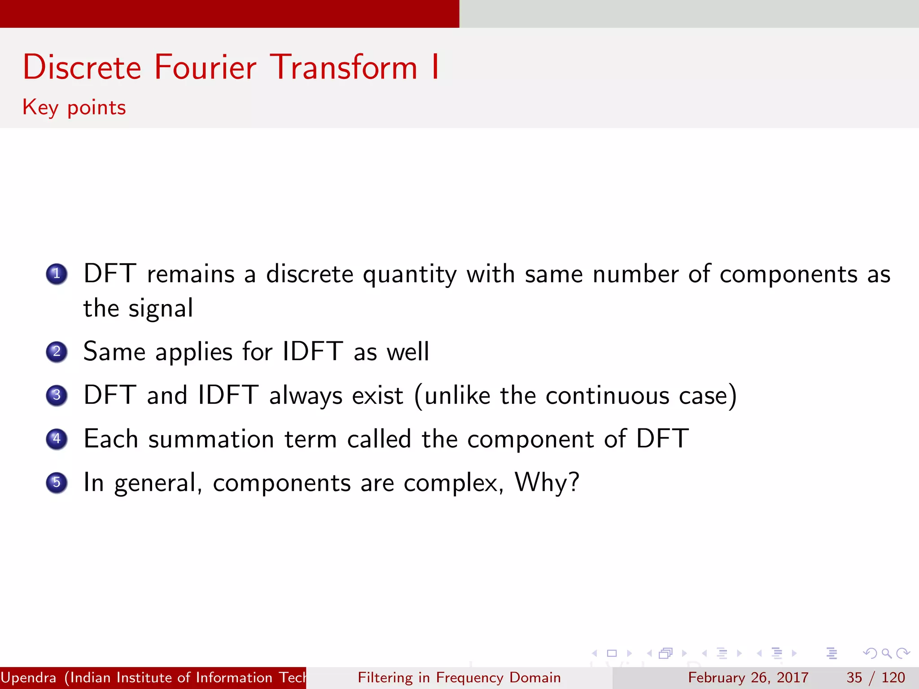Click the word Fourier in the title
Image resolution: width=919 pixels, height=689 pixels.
(x=205, y=67)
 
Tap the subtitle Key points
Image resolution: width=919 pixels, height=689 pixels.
(x=74, y=108)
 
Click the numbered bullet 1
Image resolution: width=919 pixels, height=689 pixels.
(x=57, y=274)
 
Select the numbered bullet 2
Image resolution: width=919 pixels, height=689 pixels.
(x=57, y=352)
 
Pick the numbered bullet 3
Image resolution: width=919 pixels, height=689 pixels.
(x=57, y=395)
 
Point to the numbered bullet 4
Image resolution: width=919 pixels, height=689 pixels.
(x=57, y=439)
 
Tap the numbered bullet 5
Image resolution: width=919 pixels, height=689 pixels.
(x=57, y=483)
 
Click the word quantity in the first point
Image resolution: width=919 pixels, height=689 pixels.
(x=410, y=275)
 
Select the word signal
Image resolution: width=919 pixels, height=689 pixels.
(x=161, y=309)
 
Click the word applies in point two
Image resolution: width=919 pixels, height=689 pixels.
(x=194, y=352)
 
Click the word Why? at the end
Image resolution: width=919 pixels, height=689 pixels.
(x=547, y=483)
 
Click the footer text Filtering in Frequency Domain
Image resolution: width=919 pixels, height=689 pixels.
(x=459, y=677)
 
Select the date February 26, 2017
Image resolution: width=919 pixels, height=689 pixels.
(x=748, y=677)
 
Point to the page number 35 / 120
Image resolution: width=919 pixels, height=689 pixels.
(x=875, y=677)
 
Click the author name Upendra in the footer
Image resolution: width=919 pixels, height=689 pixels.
(x=29, y=677)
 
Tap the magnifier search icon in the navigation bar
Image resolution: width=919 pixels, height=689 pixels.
(x=886, y=653)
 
